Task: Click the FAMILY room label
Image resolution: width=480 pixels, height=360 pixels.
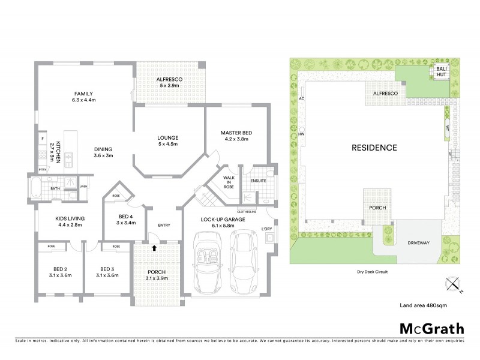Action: click(84, 94)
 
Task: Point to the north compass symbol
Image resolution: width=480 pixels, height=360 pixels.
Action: click(451, 284)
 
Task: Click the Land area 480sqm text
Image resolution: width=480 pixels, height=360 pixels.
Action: click(423, 305)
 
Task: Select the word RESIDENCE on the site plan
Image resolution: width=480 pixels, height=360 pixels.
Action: click(374, 148)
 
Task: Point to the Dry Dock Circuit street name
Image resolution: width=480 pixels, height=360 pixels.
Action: click(373, 272)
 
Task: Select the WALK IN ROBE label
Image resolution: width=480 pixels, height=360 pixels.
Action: click(229, 182)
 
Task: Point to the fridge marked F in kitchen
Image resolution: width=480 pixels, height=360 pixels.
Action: click(43, 140)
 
